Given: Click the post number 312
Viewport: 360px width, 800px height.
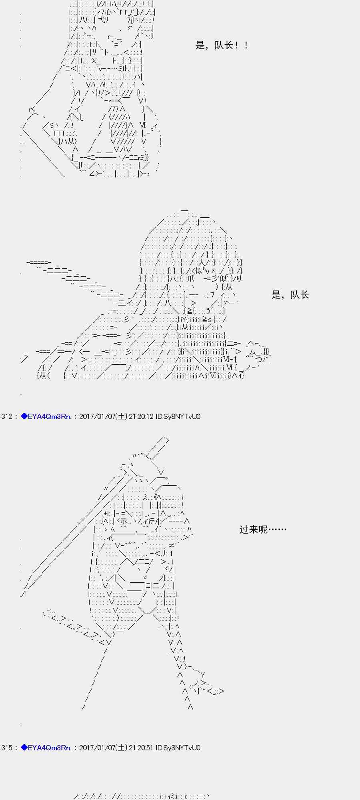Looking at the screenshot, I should click(x=7, y=416).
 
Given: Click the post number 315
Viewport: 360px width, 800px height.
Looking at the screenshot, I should click(x=7, y=748).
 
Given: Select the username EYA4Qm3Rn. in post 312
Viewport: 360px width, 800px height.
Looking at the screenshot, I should click(x=50, y=416).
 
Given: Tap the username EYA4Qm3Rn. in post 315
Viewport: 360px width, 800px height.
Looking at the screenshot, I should click(x=50, y=748).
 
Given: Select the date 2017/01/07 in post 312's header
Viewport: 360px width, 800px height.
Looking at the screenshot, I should click(x=97, y=416).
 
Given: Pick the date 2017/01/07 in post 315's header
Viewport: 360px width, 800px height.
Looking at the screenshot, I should click(x=97, y=748).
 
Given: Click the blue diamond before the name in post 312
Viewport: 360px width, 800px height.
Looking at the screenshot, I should click(x=24, y=416).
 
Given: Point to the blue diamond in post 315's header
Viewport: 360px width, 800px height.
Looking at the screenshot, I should click(x=24, y=748).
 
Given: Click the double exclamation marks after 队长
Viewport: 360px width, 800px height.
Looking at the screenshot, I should click(x=241, y=46).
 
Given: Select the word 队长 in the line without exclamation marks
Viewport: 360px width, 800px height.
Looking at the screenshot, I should click(x=300, y=295).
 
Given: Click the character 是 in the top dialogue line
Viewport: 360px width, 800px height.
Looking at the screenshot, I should click(x=200, y=46).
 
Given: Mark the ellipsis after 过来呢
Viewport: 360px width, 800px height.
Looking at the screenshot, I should click(x=277, y=530).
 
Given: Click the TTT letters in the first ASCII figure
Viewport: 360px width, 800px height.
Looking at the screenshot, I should click(x=58, y=133).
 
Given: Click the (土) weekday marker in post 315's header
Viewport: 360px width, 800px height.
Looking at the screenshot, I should click(x=122, y=748).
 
